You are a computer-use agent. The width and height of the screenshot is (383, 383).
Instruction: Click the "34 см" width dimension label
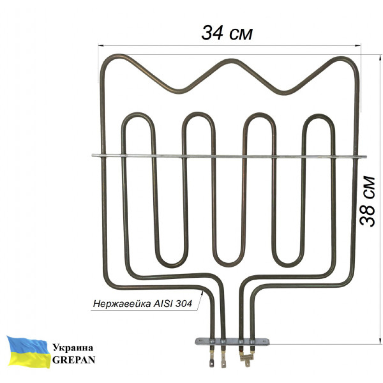click(x=227, y=34)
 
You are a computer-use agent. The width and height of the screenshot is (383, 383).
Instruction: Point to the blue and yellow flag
click(x=28, y=352)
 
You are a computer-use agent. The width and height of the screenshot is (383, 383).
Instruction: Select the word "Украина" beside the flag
click(x=73, y=349)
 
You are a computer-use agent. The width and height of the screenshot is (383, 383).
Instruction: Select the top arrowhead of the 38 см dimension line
click(x=380, y=57)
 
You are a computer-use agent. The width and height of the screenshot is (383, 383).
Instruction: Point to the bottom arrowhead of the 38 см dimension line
click(x=380, y=340)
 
